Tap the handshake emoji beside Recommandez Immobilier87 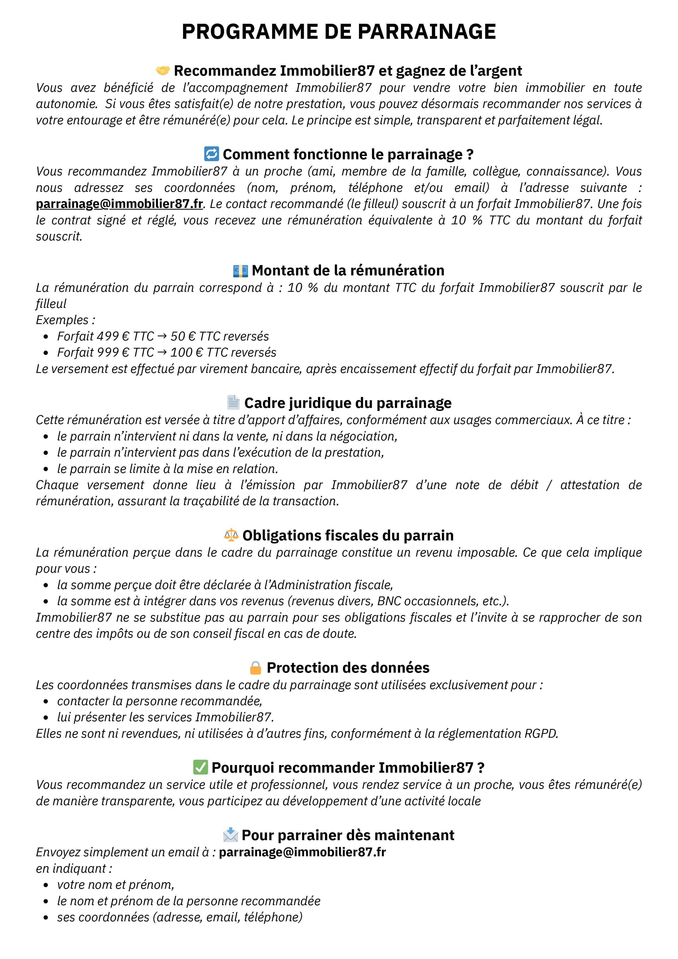coord(163,70)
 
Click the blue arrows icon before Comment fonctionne coord(211,154)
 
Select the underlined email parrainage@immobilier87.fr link coord(119,204)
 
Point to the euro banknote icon coord(240,271)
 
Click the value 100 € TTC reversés coord(223,352)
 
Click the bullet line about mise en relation coord(167,469)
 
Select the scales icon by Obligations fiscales coord(231,535)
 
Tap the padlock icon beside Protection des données coord(255,668)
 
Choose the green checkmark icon coord(201,767)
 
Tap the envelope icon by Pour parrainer coord(231,835)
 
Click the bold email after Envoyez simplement coord(302,852)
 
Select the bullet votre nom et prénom coord(115,885)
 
